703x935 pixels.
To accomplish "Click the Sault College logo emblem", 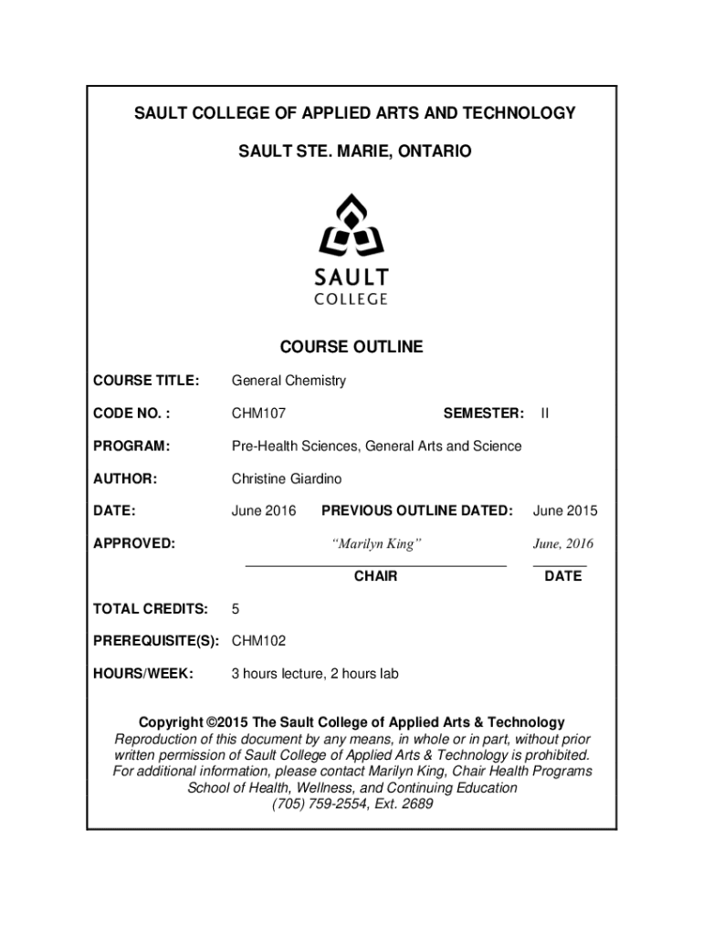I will [x=351, y=226].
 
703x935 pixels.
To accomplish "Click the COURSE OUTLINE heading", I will [x=351, y=347].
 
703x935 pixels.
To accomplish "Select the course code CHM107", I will [x=258, y=414].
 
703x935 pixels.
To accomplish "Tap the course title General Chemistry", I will [x=289, y=381].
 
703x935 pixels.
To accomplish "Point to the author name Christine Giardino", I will [x=291, y=478].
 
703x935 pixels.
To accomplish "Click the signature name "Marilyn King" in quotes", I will [x=375, y=544].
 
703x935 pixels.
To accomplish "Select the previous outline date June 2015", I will [x=565, y=511].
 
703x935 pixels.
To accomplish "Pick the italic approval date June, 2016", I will [x=563, y=544].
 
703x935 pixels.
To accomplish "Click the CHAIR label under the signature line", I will [x=375, y=576].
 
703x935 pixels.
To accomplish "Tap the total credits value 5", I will [x=236, y=609].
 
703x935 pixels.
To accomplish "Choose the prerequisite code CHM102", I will [x=258, y=641].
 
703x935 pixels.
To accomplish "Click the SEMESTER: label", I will [x=483, y=414].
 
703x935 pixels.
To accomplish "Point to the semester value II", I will [x=545, y=414].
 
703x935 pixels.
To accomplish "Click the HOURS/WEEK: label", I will [x=142, y=674].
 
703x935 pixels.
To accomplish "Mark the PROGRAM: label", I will [x=131, y=446].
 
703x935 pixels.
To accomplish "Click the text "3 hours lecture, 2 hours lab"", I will [x=314, y=674].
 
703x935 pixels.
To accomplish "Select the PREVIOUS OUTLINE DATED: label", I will [x=417, y=511].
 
